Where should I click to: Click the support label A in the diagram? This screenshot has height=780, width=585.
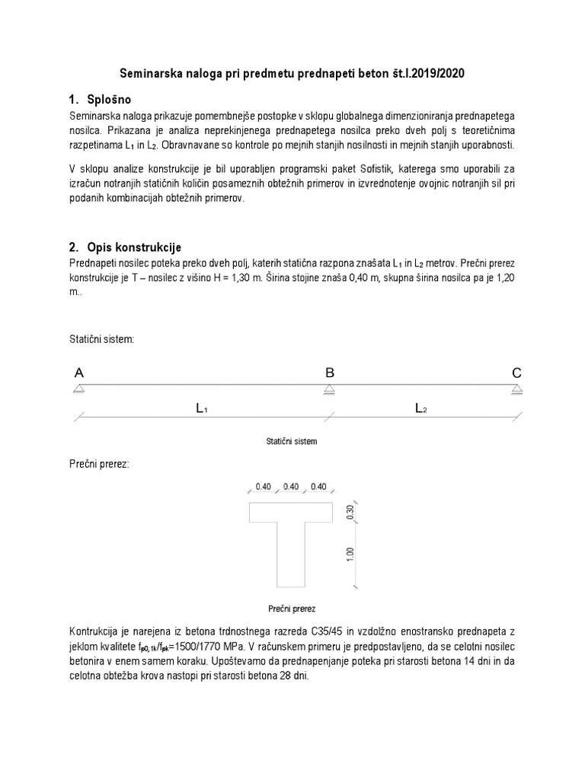tap(79, 373)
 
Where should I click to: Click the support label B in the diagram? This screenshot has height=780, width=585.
tap(330, 373)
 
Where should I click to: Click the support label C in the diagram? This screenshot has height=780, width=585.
tap(516, 373)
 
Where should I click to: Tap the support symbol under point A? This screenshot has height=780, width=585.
tap(79, 390)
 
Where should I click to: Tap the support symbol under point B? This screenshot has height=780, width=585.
tap(329, 390)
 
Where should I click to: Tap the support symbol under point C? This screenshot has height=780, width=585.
tap(516, 390)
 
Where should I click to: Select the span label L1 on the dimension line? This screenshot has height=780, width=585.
tap(202, 409)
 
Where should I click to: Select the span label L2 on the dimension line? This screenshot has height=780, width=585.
tap(421, 409)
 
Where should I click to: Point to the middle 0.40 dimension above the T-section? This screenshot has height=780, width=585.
tap(290, 487)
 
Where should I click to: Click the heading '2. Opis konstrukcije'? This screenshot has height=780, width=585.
tap(125, 248)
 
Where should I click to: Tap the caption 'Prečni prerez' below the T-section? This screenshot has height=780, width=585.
tap(292, 609)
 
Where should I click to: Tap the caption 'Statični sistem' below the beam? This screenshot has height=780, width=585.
tap(292, 441)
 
